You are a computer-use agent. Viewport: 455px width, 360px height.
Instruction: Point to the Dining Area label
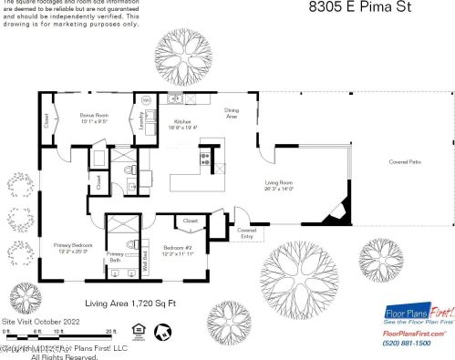(x=233, y=113)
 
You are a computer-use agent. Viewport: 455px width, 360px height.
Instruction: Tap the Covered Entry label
(x=246, y=232)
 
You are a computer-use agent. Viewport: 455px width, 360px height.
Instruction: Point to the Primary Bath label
(x=115, y=257)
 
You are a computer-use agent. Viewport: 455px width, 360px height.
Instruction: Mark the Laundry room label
(x=140, y=118)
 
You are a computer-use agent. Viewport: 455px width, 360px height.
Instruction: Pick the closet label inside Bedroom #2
(x=191, y=221)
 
